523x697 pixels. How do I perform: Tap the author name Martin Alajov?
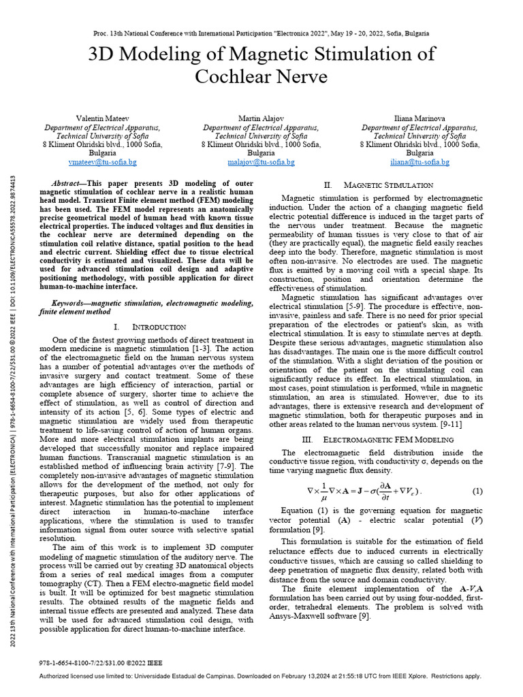[x=261, y=118]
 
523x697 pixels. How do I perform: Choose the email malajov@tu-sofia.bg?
[x=261, y=163]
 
